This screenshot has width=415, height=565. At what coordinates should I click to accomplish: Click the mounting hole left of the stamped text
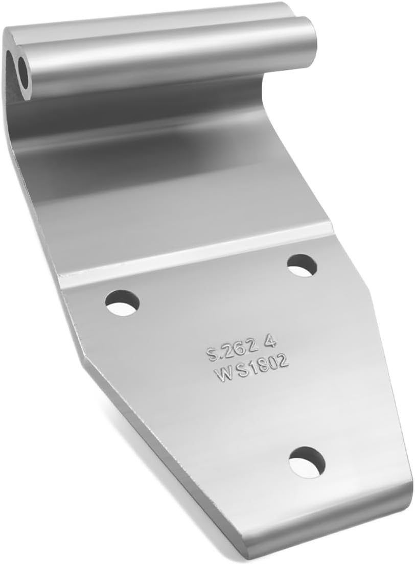123,302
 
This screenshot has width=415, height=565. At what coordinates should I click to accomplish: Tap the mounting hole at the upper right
302,266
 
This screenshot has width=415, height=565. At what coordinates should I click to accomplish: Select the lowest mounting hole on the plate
307,462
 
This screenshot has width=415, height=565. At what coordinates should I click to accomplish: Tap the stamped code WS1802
252,368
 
